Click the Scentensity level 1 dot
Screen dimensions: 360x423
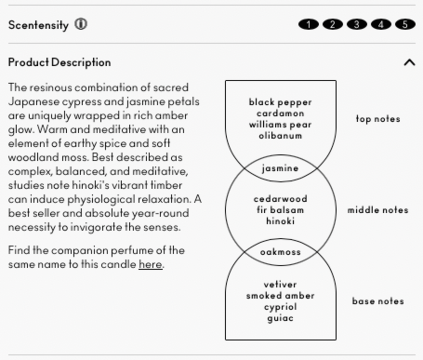308,24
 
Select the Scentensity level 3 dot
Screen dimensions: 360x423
357,24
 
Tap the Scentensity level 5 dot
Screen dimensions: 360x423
405,24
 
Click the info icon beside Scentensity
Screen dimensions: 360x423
81,25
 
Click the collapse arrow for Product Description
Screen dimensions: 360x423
409,63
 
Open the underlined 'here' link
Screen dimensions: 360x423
151,264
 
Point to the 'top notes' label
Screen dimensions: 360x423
378,119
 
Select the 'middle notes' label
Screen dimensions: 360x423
378,210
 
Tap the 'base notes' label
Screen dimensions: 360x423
378,301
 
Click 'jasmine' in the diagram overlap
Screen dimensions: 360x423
280,168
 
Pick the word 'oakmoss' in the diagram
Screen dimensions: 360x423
280,252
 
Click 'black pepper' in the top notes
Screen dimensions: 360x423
280,102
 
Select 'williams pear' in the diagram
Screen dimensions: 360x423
280,124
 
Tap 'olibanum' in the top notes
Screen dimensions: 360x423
280,136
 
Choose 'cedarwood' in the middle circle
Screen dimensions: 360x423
280,199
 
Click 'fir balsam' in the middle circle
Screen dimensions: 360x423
280,210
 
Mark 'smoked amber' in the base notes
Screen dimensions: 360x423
280,296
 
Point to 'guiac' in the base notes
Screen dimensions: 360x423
280,318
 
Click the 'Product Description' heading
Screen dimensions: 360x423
59,62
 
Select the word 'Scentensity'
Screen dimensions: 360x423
38,25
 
